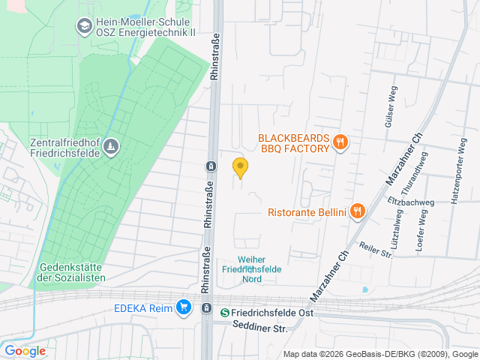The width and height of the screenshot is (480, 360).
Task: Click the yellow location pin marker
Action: point(240,167)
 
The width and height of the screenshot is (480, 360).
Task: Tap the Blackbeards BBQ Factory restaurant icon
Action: point(340,142)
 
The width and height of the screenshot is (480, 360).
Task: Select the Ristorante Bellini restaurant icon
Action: point(357,211)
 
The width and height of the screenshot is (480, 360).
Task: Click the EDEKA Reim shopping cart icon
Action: point(183,307)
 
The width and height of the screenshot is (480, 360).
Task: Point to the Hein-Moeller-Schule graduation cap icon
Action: point(84,27)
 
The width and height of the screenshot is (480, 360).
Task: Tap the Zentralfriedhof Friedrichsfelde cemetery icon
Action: point(111,145)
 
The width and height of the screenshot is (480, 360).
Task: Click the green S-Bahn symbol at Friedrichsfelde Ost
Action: point(225,312)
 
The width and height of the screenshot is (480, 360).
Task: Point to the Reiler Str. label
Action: point(376,250)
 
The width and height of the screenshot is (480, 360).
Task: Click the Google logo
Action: point(25,350)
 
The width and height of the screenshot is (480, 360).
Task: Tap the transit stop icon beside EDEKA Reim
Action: point(206,307)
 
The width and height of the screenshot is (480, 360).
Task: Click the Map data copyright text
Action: point(380,354)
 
